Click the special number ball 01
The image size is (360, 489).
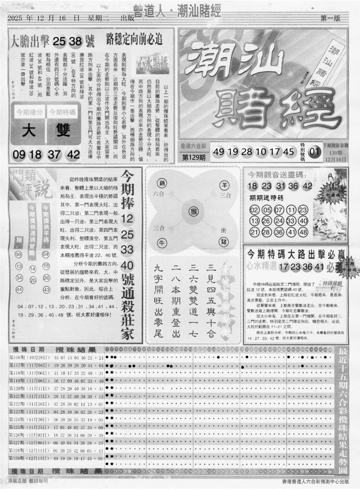coord(315,152)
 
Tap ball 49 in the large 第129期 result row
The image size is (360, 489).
coord(219,152)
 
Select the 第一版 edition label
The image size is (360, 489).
coord(330,18)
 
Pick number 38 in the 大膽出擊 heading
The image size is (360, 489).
coord(75,42)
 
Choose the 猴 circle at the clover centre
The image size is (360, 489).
coord(193,211)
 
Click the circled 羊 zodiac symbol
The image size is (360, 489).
coord(224,185)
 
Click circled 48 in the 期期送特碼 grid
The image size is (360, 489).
coord(303,232)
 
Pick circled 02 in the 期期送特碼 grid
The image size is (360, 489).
coord(254,210)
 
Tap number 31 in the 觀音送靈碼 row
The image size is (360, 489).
coord(280,186)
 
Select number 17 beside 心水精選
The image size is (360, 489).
coord(283,267)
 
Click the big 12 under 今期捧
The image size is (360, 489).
coord(127,218)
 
